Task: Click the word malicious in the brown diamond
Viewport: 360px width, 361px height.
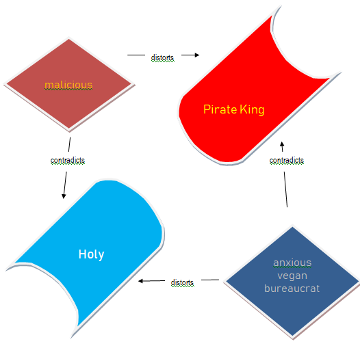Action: tap(68, 85)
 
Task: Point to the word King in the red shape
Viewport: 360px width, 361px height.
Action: tap(252, 109)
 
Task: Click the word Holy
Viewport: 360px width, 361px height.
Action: tap(91, 254)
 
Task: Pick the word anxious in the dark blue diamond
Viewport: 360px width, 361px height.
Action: tap(292, 263)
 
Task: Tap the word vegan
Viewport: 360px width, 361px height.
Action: tap(292, 276)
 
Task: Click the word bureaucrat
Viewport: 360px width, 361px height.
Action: tap(292, 289)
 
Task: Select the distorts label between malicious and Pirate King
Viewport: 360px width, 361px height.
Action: tap(162, 57)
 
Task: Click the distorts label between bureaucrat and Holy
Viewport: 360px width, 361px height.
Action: tap(182, 282)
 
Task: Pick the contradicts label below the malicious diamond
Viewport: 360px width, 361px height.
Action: tap(68, 160)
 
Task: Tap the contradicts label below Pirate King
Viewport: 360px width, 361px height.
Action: tap(287, 160)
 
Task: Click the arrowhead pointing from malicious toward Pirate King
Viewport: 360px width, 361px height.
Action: tap(196, 55)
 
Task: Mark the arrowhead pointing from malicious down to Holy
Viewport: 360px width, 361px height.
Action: tap(64, 196)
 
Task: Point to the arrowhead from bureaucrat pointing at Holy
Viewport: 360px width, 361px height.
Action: tap(141, 281)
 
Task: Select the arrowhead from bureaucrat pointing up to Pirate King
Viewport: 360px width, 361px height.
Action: tap(282, 144)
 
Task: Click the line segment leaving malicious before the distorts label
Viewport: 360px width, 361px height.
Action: tap(136, 55)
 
